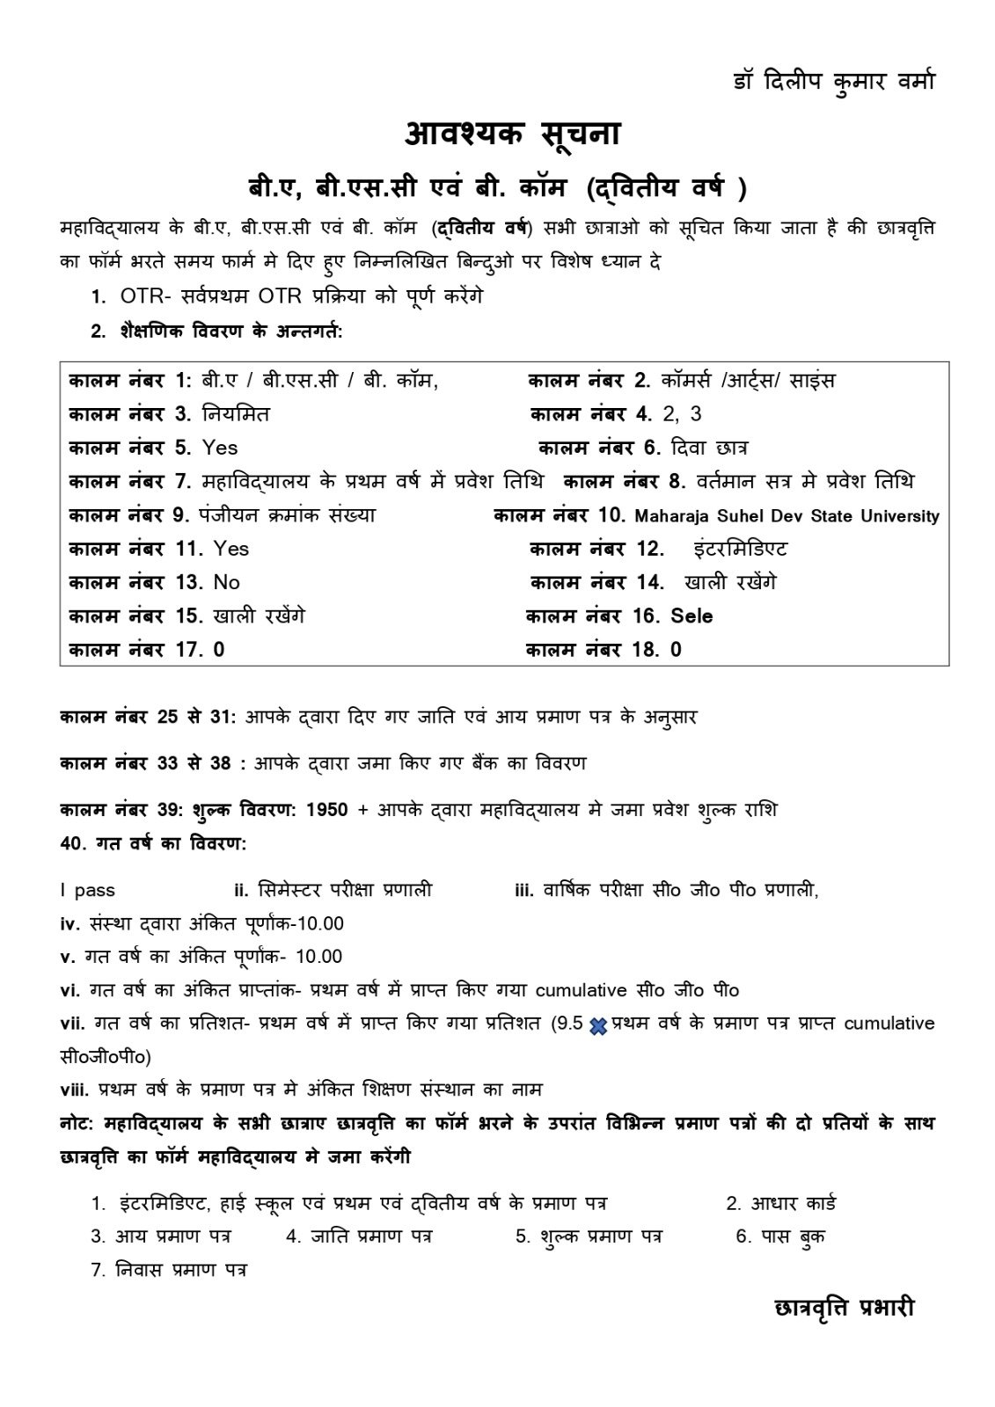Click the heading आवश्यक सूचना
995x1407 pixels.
click(512, 134)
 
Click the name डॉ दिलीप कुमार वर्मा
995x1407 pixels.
click(834, 81)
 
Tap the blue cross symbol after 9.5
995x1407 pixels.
click(598, 1025)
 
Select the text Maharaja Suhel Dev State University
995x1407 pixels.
click(786, 516)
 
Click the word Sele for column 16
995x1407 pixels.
click(691, 616)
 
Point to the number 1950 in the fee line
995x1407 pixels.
click(327, 809)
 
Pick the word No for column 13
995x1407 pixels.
click(226, 582)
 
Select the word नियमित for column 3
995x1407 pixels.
click(236, 414)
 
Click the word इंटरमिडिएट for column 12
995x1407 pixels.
click(740, 550)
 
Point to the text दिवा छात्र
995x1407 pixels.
click(708, 448)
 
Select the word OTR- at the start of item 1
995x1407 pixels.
click(142, 297)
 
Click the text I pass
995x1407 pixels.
click(88, 890)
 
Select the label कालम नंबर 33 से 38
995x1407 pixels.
click(146, 763)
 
